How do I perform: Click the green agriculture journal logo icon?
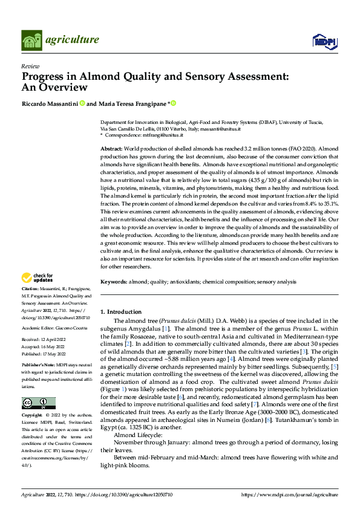[x=30, y=41]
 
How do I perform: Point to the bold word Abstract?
[x=111, y=148]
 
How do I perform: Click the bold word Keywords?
[x=113, y=282]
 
